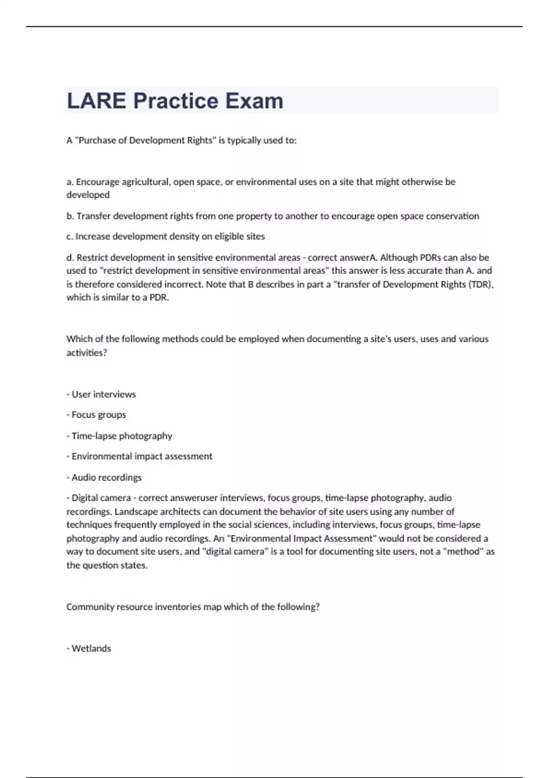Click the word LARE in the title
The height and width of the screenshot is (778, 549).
point(97,101)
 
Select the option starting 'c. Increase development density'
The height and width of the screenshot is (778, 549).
point(166,237)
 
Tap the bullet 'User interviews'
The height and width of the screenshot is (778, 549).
point(103,394)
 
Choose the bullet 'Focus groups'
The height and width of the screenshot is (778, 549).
point(98,415)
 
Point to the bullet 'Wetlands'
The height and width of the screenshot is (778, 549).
point(91,648)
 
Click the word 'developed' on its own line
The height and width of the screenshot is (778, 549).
point(88,195)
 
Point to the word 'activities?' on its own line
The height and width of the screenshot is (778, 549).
point(86,353)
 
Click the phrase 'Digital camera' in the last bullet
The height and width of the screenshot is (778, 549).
point(101,498)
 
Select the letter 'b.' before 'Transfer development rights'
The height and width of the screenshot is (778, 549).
point(70,216)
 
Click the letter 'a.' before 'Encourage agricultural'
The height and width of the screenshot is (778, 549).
point(70,182)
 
